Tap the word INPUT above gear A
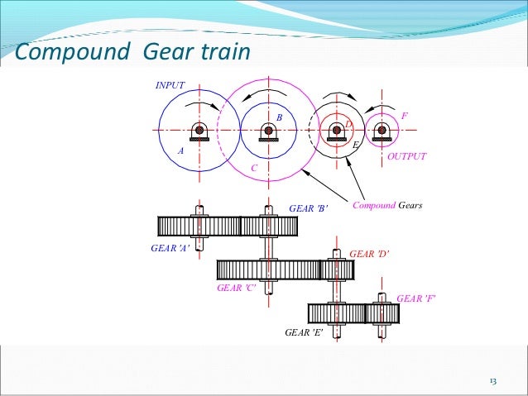tap(170, 85)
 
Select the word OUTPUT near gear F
tap(406, 155)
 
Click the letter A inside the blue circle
tap(180, 151)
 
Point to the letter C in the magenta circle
tap(254, 168)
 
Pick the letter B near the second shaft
tap(280, 118)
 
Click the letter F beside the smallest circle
tap(404, 115)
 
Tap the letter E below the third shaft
tap(355, 146)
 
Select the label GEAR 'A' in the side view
tap(170, 248)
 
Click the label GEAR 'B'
tap(309, 208)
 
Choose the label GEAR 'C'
tap(236, 288)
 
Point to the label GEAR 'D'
tap(369, 254)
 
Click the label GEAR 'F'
tap(416, 298)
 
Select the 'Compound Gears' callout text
tap(387, 204)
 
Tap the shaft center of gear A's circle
tap(199, 130)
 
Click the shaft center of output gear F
tap(381, 130)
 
